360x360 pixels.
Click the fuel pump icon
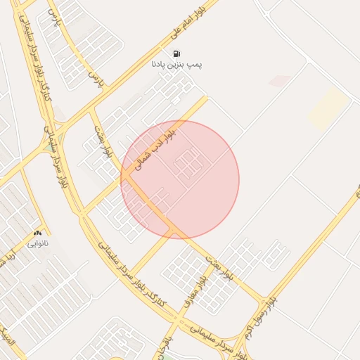click(176, 53)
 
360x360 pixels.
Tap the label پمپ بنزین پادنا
click(176, 65)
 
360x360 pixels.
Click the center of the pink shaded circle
click(180, 179)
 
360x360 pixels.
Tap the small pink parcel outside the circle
click(279, 81)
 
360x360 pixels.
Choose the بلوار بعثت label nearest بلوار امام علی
click(101, 141)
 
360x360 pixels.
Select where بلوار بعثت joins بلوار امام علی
click(91, 109)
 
